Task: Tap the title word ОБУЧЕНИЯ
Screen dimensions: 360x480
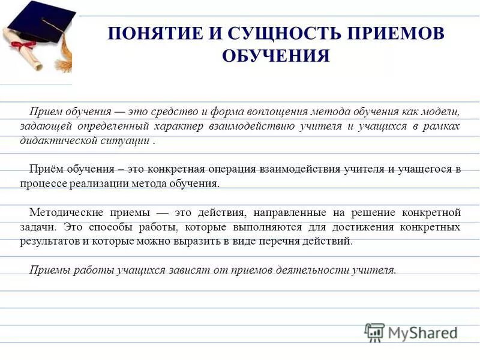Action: tap(276, 56)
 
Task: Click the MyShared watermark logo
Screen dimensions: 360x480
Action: tap(412, 332)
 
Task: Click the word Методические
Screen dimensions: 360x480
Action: tap(65, 212)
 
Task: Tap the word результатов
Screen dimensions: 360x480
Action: tap(53, 241)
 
